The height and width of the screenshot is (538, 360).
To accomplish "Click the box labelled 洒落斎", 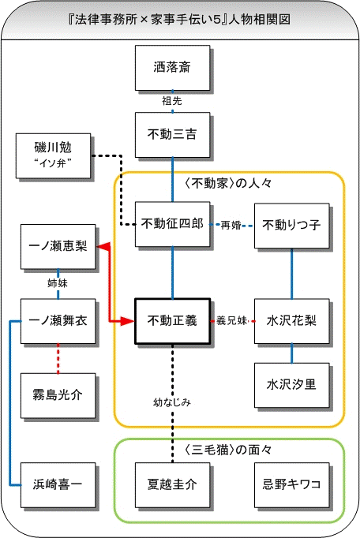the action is (x=172, y=68).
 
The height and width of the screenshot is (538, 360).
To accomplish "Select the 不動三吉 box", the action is (x=172, y=135).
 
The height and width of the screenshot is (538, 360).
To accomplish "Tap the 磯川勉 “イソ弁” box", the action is (x=53, y=156).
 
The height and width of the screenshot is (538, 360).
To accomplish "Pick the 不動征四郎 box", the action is (x=172, y=224).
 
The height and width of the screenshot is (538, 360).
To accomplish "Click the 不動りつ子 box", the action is (x=291, y=226).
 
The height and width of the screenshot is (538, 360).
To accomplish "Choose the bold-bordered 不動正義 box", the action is (x=172, y=321).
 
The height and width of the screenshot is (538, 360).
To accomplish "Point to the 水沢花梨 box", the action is (x=291, y=321).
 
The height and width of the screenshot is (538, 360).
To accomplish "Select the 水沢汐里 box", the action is (x=291, y=385).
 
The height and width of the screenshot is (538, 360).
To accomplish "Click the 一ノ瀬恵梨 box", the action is (x=58, y=247).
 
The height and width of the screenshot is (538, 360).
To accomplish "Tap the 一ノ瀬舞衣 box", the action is (x=58, y=321).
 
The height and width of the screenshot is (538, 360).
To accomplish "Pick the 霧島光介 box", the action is (x=58, y=395).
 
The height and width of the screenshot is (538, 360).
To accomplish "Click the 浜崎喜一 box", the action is (x=58, y=485).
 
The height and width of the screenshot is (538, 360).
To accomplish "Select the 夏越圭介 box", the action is (x=172, y=485).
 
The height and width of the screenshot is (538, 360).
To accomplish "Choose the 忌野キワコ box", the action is (x=291, y=485).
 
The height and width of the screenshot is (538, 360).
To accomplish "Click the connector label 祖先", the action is (x=172, y=101).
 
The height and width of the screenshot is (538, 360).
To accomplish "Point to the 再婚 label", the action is (x=231, y=226).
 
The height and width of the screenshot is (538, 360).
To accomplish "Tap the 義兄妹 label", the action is (x=232, y=321).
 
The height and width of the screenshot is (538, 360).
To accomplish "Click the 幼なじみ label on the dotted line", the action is (x=172, y=402).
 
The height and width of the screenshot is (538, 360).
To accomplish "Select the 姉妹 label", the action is (x=58, y=283).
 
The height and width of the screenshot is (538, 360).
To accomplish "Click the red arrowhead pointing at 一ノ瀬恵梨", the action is (x=103, y=246).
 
